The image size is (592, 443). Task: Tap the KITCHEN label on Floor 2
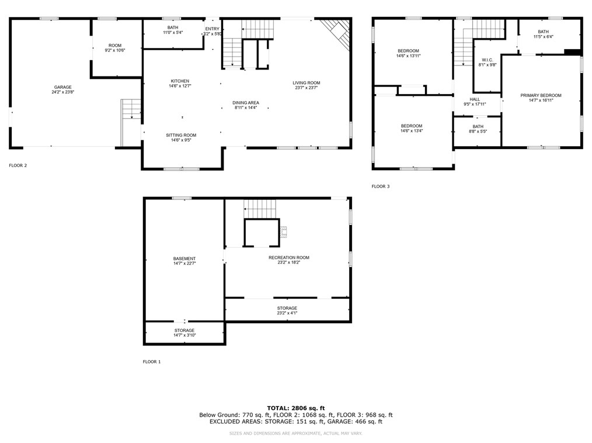coord(180,81)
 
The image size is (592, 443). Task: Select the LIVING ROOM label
coord(307,83)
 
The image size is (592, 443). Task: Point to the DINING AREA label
coord(246,103)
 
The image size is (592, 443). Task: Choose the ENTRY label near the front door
coord(212,29)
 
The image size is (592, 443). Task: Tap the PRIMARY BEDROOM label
coord(541,95)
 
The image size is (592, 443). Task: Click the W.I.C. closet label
coord(487,60)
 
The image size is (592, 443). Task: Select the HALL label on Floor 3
coord(475,99)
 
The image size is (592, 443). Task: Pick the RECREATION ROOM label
coord(288,258)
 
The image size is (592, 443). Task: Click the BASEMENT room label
coord(184,259)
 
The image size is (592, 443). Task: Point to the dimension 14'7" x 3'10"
coord(184,335)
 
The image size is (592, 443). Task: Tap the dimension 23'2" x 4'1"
coord(287,313)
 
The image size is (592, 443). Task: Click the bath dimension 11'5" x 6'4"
coord(543,37)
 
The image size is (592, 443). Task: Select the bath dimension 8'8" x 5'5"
coord(478,131)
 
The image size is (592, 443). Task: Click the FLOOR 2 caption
coord(18,165)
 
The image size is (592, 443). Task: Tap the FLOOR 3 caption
coord(381,186)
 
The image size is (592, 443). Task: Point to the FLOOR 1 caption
coord(152,362)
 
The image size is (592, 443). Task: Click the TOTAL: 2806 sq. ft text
coord(295,408)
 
